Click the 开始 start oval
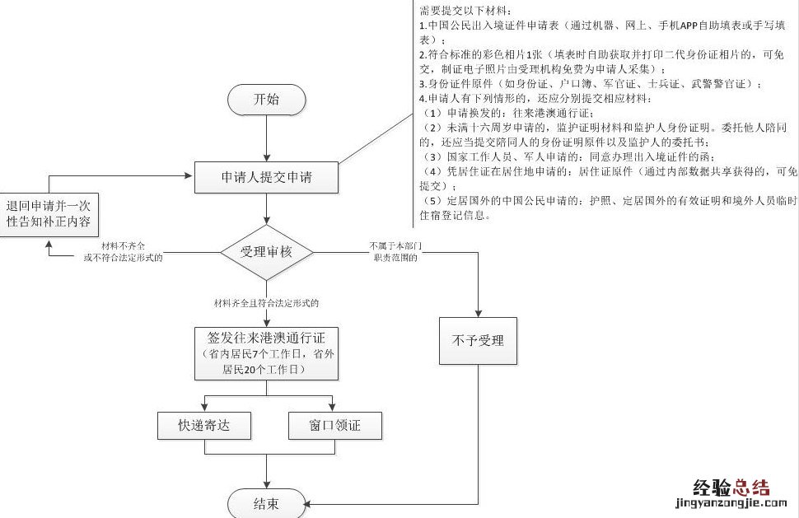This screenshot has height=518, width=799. (x=266, y=100)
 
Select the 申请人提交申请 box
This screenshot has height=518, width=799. (x=266, y=177)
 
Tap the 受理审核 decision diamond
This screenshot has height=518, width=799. (x=266, y=252)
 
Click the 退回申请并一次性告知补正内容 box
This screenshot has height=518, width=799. (x=49, y=215)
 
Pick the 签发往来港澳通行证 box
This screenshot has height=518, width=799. (x=266, y=353)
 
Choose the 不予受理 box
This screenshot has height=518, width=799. (x=478, y=340)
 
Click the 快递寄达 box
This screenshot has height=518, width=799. (x=203, y=426)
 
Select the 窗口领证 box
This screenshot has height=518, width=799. (x=334, y=426)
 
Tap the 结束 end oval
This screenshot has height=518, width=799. (x=266, y=502)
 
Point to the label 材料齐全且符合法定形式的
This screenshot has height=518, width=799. (x=266, y=303)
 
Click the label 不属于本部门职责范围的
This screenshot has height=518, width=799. (x=395, y=252)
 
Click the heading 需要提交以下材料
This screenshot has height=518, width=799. (x=465, y=11)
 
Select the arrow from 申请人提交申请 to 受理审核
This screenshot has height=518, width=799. (x=266, y=209)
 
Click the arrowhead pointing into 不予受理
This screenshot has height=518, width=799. (x=478, y=312)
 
